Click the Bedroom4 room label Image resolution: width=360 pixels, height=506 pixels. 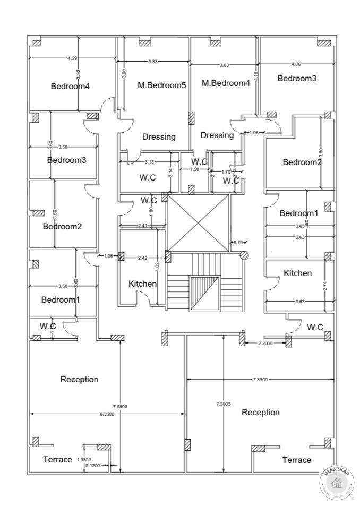point(70,86)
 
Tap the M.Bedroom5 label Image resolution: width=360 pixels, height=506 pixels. point(162,84)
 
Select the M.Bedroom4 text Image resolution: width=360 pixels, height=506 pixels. point(226,83)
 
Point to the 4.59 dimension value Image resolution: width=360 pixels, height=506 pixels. point(72,58)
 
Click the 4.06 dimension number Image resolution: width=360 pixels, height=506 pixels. point(296,64)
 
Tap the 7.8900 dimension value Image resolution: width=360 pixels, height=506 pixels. point(261,380)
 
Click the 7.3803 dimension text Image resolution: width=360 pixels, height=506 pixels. point(224,404)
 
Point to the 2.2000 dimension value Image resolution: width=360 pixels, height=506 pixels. point(265,344)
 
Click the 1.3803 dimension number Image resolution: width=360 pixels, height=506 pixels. point(85,459)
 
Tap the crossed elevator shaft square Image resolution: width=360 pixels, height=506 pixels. point(198,223)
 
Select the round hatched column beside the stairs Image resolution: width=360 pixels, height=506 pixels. point(244,255)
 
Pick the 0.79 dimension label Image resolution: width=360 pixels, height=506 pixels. point(238,243)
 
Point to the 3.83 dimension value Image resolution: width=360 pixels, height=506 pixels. point(153,62)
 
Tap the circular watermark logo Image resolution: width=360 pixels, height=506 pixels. point(337,482)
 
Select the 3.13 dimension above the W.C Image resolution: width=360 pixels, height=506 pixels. point(149,162)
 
